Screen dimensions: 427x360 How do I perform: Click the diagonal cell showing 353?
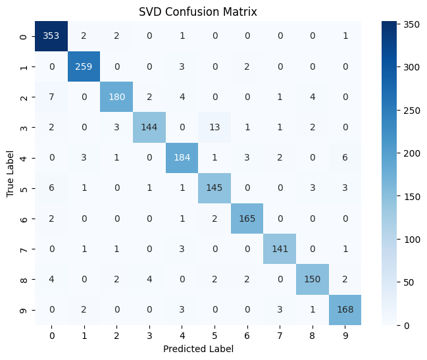click(51, 36)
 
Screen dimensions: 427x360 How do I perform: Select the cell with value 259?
click(84, 66)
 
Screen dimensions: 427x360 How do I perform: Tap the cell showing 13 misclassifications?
click(214, 127)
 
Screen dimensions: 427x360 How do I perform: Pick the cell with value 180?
click(116, 97)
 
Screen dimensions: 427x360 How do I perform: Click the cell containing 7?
click(51, 97)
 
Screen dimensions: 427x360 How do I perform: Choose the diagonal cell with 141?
click(280, 249)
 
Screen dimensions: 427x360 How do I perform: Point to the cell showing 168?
click(345, 310)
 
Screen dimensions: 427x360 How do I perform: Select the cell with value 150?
click(313, 280)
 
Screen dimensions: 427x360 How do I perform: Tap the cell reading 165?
click(247, 219)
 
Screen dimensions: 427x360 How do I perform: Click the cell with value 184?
click(182, 158)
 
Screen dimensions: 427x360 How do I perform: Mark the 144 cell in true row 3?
click(149, 127)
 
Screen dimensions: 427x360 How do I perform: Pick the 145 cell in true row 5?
click(214, 188)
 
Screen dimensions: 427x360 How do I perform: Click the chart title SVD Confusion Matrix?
click(198, 12)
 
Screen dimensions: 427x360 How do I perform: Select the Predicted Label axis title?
click(198, 349)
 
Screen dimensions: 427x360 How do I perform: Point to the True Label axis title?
click(10, 174)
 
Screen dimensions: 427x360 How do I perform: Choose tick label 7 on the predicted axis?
click(280, 336)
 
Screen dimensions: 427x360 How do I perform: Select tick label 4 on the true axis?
click(24, 158)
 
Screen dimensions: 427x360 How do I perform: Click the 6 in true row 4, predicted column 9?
click(345, 158)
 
